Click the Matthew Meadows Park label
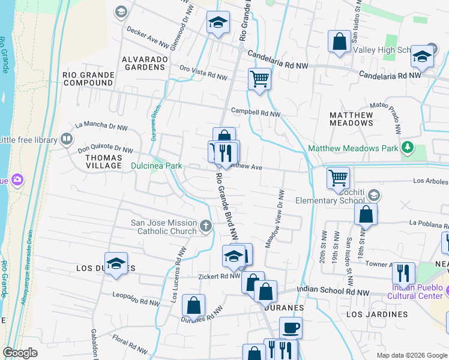point(354,148)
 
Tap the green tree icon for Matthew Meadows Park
point(408,147)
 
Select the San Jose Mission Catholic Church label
point(164,227)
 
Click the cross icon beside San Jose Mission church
point(206,226)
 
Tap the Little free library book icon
point(66,140)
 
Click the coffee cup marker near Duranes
point(291,328)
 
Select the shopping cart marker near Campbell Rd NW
point(259,78)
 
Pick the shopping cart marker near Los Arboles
point(338,177)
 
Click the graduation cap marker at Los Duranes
point(116,263)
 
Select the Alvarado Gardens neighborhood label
point(143,63)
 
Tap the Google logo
point(20,353)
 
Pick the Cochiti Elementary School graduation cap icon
point(374,195)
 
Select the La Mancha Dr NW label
point(101,127)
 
